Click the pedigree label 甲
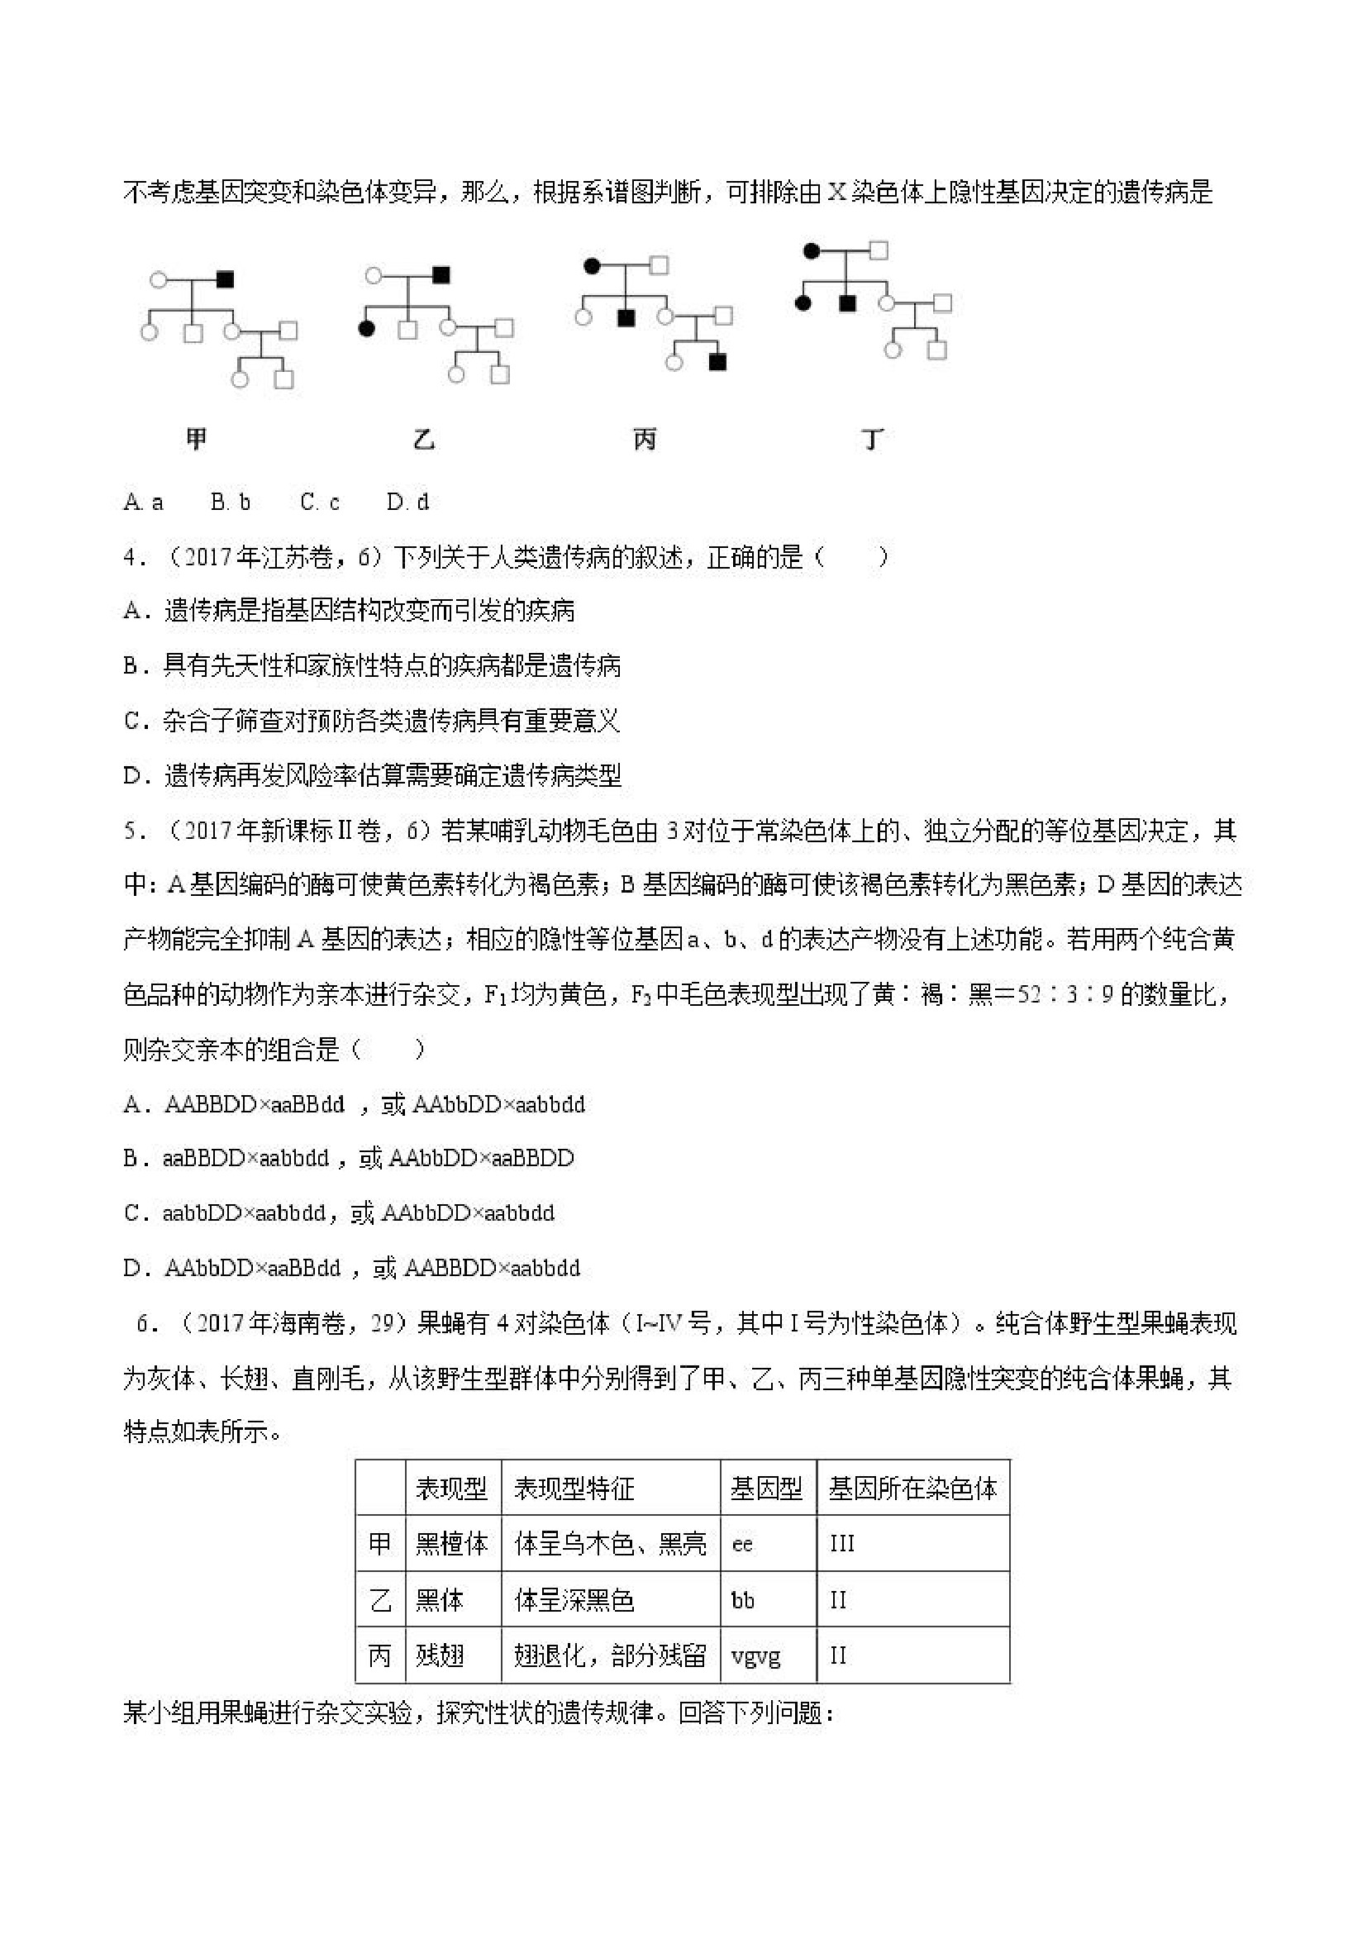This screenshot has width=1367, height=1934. (x=196, y=438)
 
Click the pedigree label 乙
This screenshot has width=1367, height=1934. (x=424, y=438)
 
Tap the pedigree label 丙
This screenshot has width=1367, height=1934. (x=645, y=438)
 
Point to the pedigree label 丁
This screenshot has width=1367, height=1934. (x=873, y=438)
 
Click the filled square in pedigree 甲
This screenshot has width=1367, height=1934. (x=225, y=279)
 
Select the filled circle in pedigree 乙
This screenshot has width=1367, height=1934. (x=366, y=328)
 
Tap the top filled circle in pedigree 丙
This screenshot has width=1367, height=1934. (x=592, y=266)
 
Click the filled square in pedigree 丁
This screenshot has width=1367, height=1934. (x=847, y=303)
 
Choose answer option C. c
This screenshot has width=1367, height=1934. (x=319, y=502)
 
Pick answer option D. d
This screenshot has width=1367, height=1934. (x=407, y=502)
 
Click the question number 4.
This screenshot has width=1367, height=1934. (x=131, y=557)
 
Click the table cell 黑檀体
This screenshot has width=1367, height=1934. (x=452, y=1543)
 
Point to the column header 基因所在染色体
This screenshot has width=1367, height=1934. (x=913, y=1489)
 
